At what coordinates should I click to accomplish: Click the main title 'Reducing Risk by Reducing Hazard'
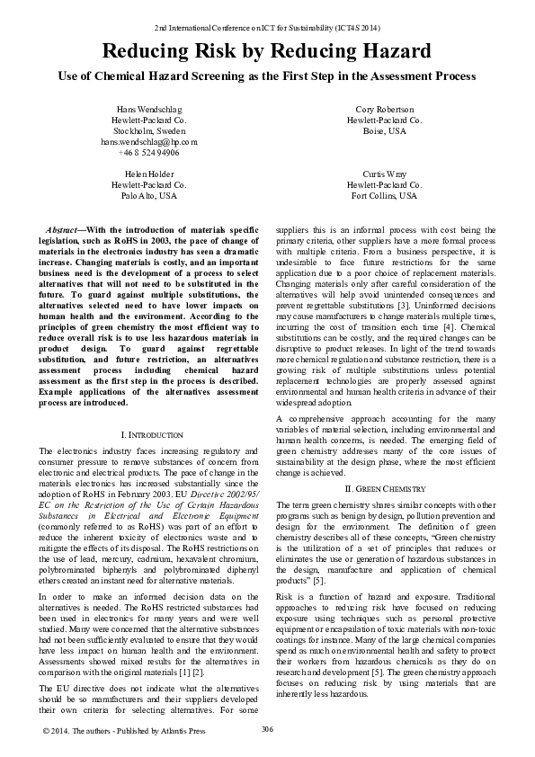[x=266, y=51]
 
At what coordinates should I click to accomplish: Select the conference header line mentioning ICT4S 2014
[x=267, y=29]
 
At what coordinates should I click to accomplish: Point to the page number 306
[x=267, y=728]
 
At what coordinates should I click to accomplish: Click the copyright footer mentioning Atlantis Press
[x=124, y=731]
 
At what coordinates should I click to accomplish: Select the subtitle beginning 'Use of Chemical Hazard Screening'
[x=266, y=77]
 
